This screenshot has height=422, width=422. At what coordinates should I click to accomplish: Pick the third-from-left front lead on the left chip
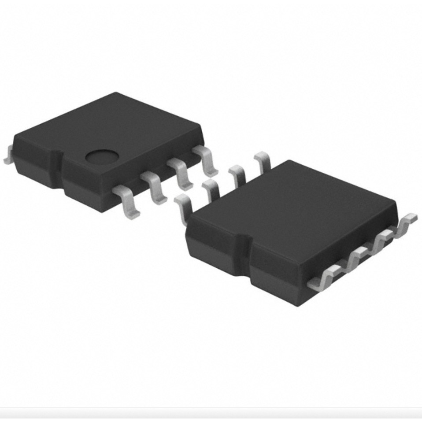pyautogui.click(x=181, y=173)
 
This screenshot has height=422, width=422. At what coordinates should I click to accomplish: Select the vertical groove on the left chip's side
pyautogui.click(x=56, y=168)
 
